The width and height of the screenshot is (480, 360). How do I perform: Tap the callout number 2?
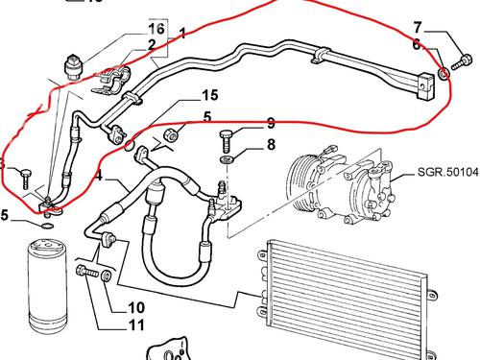(x=152, y=44)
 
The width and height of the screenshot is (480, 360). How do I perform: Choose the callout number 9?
(x=271, y=123)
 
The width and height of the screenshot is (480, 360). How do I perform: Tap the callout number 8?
(x=271, y=145)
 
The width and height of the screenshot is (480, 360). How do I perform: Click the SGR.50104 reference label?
(x=444, y=173)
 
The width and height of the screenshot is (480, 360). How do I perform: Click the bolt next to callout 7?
(x=460, y=62)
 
